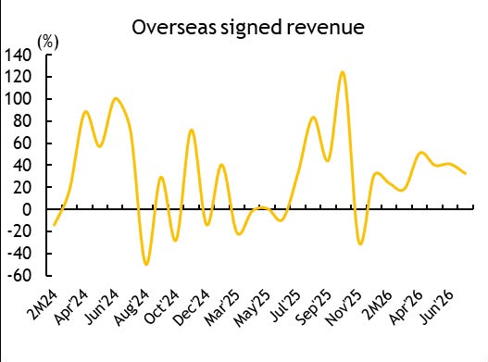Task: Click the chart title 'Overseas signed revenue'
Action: [x=248, y=27]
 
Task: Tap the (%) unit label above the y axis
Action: [x=47, y=42]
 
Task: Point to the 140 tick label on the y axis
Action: [x=18, y=56]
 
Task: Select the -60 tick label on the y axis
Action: [x=19, y=276]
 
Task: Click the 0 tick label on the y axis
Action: [x=27, y=209]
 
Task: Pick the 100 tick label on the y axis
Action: [x=18, y=99]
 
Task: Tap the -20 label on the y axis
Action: [x=19, y=231]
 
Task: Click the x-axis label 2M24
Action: [x=43, y=306]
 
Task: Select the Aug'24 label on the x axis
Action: [x=132, y=308]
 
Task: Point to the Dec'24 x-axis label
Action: [x=192, y=308]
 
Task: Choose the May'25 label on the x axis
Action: [x=253, y=308]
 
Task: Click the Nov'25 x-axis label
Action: [x=344, y=308]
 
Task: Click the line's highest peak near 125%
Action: [x=343, y=72]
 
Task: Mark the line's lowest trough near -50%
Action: [x=146, y=264]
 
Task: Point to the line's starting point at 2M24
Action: [x=54, y=225]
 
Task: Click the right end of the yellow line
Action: [x=465, y=174]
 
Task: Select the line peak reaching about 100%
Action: [x=116, y=99]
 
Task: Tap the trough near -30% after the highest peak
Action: [x=360, y=244]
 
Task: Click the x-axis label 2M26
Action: [x=378, y=306]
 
